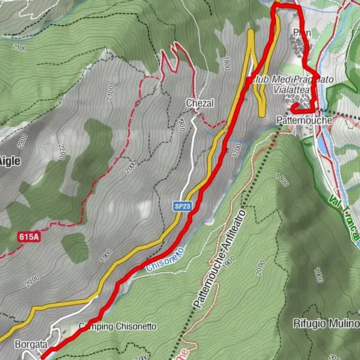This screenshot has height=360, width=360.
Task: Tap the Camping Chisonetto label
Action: click(117, 327)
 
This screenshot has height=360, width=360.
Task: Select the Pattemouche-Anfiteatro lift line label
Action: click(220, 256)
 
